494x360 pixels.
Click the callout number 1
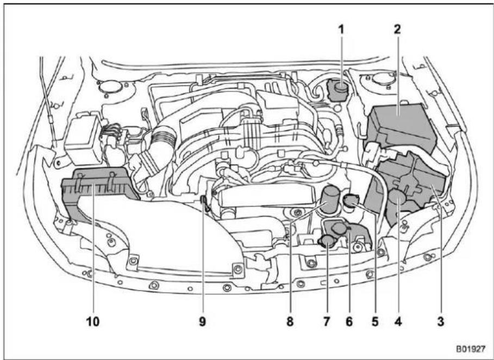[x=341, y=30]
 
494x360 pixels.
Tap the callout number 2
[x=397, y=29]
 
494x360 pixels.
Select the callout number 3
[x=440, y=321]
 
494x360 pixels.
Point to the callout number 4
[x=398, y=321]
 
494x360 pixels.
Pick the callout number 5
[x=374, y=321]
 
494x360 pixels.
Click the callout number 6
[x=349, y=321]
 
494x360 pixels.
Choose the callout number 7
[x=327, y=321]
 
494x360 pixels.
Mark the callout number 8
[x=290, y=321]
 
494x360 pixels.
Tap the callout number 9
[x=202, y=321]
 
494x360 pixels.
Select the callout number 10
[x=93, y=321]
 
